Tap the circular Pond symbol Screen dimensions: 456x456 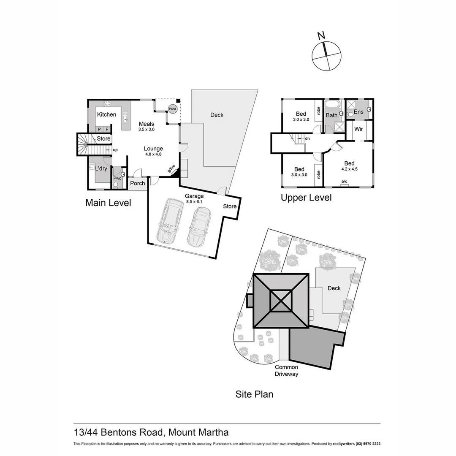(172, 109)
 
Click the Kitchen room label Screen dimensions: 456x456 (106, 114)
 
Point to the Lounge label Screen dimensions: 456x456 (153, 149)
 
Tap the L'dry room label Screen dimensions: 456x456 (101, 168)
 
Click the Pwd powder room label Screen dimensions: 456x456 (117, 178)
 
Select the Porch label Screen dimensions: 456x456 (137, 183)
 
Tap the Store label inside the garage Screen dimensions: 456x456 (230, 206)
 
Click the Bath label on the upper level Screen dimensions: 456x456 (331, 115)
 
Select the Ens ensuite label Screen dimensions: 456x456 (358, 112)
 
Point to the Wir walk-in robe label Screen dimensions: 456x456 (359, 129)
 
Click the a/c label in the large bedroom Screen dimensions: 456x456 (344, 182)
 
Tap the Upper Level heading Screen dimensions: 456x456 (306, 198)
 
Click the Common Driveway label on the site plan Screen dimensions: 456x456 (287, 370)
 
